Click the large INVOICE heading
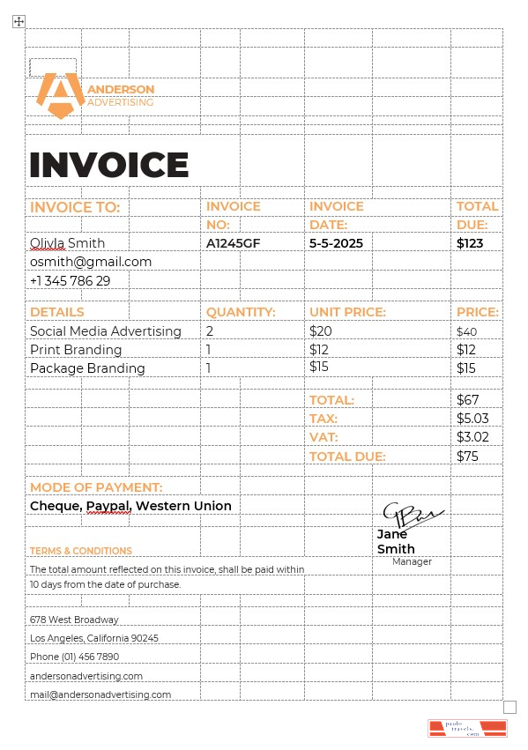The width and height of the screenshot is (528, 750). coord(109,166)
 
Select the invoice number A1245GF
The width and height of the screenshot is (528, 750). coord(233,243)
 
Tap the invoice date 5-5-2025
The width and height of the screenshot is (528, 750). coord(336,243)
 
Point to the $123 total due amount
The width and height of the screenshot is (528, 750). coord(470,243)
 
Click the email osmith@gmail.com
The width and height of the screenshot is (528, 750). coord(91,262)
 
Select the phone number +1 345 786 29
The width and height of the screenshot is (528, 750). coord(71,281)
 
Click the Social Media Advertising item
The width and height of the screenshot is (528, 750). coord(106,331)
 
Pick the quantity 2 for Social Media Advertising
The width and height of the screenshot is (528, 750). coord(210,331)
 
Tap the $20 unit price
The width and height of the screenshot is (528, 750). coord(321,331)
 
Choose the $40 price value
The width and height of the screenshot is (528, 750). coord(466,332)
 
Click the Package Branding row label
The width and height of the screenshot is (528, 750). coord(87,368)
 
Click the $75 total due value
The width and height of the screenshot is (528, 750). coord(467,457)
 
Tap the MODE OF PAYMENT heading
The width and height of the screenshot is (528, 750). coord(96,487)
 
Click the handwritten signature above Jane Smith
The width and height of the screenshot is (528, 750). coord(412,515)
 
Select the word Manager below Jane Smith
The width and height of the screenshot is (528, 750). coord(412,561)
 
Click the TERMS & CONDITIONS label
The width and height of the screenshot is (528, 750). coord(81,551)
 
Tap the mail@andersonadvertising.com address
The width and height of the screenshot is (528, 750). coord(100,694)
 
